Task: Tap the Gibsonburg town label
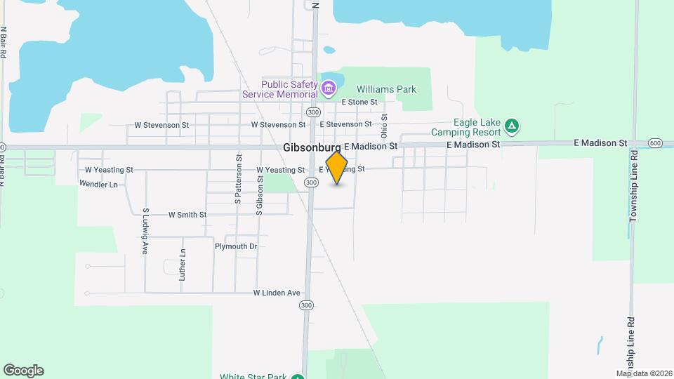click(x=312, y=148)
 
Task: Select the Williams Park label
click(x=386, y=89)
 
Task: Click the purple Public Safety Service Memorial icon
click(x=329, y=89)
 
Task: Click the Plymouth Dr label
click(x=236, y=246)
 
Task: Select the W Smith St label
click(x=187, y=215)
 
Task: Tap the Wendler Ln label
click(x=98, y=184)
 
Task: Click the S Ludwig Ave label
click(x=145, y=231)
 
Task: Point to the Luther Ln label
click(x=183, y=265)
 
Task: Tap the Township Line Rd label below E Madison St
click(x=633, y=186)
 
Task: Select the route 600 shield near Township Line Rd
click(x=655, y=143)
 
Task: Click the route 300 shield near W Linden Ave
click(x=306, y=305)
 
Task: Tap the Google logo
click(x=23, y=371)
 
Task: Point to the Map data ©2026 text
click(x=644, y=373)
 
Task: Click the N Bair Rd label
click(x=4, y=42)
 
